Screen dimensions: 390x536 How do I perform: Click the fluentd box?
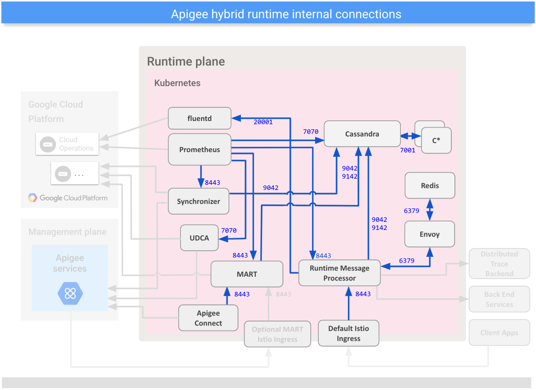click(199, 118)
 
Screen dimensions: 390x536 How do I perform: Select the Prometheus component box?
click(199, 150)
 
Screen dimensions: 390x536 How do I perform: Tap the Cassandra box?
click(362, 134)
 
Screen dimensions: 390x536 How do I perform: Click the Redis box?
click(430, 185)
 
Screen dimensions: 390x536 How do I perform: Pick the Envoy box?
click(429, 234)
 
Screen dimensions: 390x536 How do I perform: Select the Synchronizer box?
click(198, 201)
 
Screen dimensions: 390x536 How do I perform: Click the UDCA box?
click(199, 238)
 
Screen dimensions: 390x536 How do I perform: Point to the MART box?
click(246, 274)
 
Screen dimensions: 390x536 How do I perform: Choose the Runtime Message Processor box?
click(339, 273)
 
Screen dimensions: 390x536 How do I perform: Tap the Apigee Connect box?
click(208, 318)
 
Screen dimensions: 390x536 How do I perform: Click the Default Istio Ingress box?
click(348, 333)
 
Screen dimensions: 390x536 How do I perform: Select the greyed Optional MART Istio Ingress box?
click(277, 334)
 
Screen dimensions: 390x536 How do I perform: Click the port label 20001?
click(263, 122)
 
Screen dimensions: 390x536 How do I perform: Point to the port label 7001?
click(407, 150)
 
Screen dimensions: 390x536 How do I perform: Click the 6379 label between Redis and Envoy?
click(411, 211)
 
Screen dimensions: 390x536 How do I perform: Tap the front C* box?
click(436, 140)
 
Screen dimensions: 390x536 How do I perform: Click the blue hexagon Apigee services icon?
click(70, 293)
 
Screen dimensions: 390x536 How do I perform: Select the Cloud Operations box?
click(67, 144)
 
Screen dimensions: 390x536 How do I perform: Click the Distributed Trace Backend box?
click(499, 264)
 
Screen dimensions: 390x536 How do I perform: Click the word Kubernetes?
click(177, 83)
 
